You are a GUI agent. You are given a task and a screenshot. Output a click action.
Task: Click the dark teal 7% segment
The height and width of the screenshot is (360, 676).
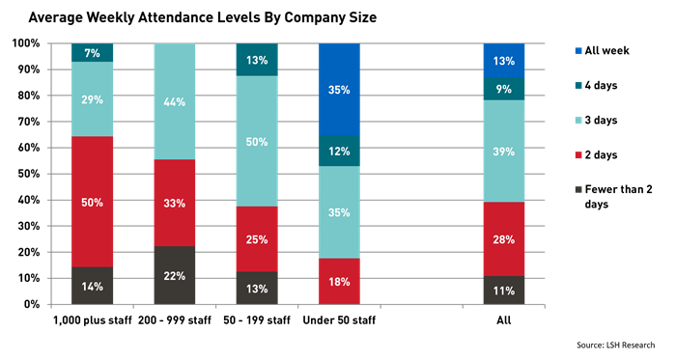(x=92, y=52)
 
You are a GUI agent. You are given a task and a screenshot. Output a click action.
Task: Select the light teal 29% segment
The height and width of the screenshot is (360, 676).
(x=92, y=99)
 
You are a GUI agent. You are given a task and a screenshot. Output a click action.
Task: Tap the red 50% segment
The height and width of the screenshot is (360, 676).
(x=92, y=202)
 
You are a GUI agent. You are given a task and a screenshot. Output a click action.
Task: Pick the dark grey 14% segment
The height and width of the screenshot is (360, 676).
(x=92, y=286)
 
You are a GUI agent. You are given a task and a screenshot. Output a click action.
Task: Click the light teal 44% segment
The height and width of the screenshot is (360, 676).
(x=175, y=101)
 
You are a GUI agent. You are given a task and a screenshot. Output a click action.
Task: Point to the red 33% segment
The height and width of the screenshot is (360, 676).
(x=175, y=203)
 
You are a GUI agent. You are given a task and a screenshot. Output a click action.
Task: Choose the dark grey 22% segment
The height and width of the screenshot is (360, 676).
(x=175, y=276)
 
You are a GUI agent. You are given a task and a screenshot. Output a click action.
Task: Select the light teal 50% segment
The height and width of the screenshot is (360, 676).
(x=257, y=141)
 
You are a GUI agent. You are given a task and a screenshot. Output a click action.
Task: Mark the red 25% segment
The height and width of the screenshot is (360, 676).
(x=257, y=239)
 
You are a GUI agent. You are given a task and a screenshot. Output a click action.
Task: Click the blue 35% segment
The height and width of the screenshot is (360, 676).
(x=339, y=89)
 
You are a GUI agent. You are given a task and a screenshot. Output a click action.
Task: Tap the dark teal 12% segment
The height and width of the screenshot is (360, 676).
(x=339, y=151)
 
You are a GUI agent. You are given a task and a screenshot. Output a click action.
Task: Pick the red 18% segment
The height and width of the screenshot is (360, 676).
(x=339, y=281)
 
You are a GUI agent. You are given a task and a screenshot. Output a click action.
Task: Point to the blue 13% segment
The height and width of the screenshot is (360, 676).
(x=503, y=60)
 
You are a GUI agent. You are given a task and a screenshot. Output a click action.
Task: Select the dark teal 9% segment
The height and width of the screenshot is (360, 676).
(x=503, y=89)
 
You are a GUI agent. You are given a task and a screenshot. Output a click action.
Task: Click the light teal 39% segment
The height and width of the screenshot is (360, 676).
(x=503, y=151)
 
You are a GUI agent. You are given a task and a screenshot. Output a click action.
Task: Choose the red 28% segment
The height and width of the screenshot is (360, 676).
(x=503, y=238)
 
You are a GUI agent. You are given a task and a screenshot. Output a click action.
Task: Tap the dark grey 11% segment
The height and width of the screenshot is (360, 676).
(x=503, y=290)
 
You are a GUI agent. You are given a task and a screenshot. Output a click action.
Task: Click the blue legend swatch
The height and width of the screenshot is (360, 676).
(x=578, y=51)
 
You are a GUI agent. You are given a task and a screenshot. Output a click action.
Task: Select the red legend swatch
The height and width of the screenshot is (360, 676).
(x=578, y=154)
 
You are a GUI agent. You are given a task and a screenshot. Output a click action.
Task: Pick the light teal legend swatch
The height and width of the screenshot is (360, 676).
(x=578, y=121)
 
